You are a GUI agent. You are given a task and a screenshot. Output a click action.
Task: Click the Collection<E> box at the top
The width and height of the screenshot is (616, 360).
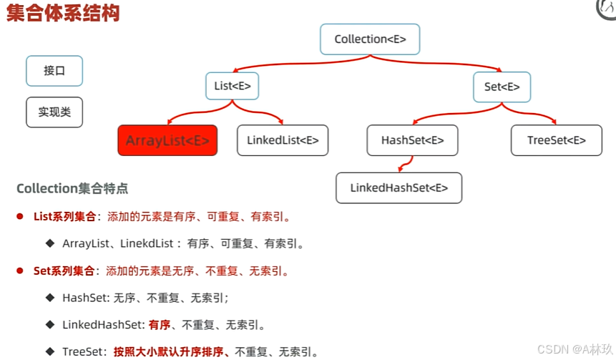(x=370, y=39)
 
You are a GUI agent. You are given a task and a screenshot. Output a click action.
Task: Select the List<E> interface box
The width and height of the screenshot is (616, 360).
(x=232, y=87)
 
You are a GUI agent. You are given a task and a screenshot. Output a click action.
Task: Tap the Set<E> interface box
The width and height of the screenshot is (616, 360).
(x=502, y=87)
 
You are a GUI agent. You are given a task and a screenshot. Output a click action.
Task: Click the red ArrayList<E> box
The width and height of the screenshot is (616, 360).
(x=167, y=140)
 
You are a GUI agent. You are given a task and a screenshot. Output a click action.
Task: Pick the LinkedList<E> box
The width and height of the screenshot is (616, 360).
(x=283, y=140)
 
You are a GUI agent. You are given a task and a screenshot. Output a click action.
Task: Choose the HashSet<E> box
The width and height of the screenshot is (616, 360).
(x=411, y=140)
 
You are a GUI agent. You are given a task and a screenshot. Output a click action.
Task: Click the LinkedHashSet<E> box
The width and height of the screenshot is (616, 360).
(x=399, y=188)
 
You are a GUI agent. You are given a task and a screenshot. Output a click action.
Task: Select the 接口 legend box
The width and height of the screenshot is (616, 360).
(x=54, y=71)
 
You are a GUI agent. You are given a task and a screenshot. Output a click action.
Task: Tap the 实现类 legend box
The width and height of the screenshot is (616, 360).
(x=54, y=112)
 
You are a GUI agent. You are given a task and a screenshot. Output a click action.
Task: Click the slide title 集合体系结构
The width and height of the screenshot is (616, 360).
(x=63, y=14)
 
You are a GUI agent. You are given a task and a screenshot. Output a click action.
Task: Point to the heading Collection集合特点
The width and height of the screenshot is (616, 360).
(x=72, y=189)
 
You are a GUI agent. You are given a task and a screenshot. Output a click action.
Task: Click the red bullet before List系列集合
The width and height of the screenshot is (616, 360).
(x=20, y=216)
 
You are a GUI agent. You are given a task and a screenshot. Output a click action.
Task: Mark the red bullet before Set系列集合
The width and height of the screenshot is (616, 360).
(x=20, y=271)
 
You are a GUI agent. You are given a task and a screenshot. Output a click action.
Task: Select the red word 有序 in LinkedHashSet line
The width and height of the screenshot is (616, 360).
(x=160, y=325)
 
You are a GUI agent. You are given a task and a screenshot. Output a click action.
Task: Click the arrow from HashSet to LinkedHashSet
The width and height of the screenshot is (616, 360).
(x=404, y=165)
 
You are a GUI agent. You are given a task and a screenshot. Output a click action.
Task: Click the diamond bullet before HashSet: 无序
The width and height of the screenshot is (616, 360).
(x=50, y=297)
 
